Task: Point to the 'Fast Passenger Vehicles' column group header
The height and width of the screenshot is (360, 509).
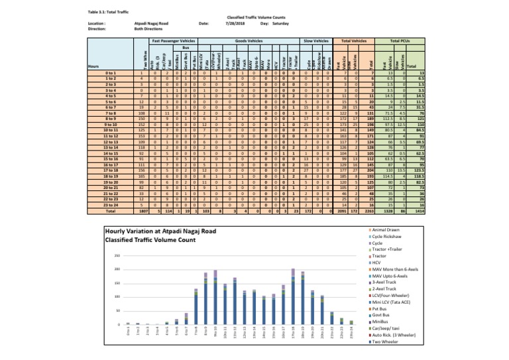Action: [174, 40]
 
